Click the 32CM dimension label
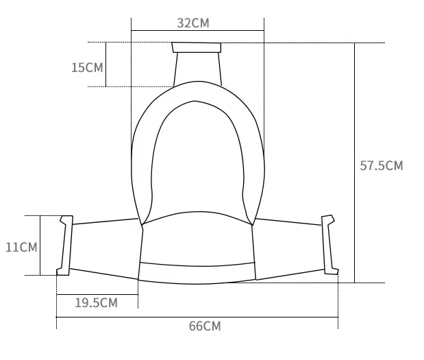[x=193, y=23]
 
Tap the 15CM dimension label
[x=87, y=67]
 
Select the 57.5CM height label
[x=382, y=166]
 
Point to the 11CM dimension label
[x=21, y=248]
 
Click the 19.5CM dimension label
[x=97, y=303]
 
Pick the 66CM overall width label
[x=205, y=326]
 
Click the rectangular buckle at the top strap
[x=197, y=47]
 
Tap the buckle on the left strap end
[x=65, y=245]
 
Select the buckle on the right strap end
[x=330, y=245]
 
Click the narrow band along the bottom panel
[x=197, y=273]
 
